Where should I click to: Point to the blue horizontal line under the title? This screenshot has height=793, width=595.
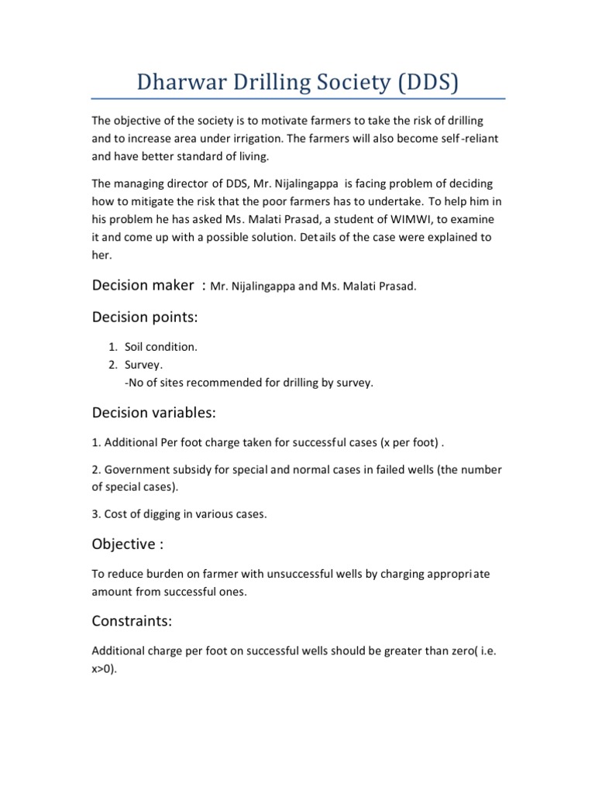[298, 99]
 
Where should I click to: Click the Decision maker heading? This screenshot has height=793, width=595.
[143, 286]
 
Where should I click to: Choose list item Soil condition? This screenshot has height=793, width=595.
[160, 347]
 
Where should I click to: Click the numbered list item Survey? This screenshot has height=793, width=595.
[144, 364]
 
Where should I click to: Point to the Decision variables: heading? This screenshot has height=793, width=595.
[154, 412]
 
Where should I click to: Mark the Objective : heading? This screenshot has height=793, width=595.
[128, 544]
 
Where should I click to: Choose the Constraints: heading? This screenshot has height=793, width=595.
[132, 621]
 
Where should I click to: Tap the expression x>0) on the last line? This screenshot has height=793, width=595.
[105, 669]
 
